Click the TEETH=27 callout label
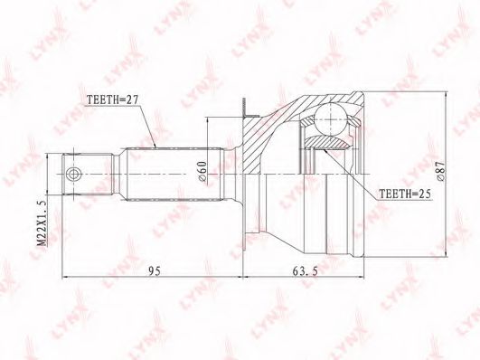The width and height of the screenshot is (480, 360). pyautogui.click(x=113, y=99)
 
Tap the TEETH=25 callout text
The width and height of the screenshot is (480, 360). pyautogui.click(x=405, y=194)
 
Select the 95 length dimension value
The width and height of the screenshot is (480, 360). pyautogui.click(x=155, y=270)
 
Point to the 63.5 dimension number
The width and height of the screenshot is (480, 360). pyautogui.click(x=305, y=270)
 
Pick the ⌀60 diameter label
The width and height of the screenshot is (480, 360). pyautogui.click(x=203, y=171)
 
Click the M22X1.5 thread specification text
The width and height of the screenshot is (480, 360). pyautogui.click(x=42, y=223)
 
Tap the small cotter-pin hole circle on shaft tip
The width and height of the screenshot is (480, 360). pyautogui.click(x=73, y=175)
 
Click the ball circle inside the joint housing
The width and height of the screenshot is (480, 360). pyautogui.click(x=331, y=119)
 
